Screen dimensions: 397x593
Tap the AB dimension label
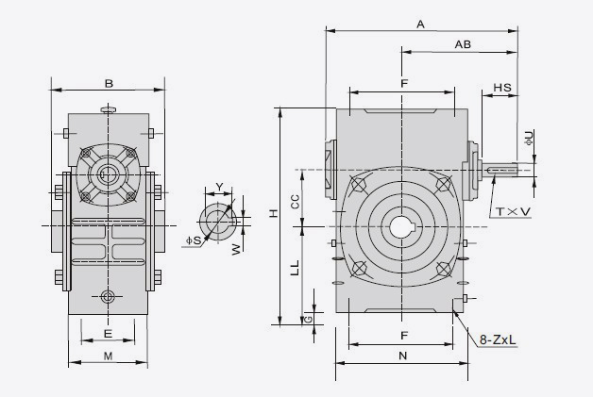coord(463,44)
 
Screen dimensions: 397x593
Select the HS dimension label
coord(503,87)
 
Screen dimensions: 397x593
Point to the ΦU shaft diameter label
coord(529,138)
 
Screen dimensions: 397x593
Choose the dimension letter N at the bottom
coord(402,356)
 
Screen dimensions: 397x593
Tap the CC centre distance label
coord(295,200)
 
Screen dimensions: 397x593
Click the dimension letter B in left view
coord(110,84)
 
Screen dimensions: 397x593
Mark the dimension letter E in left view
coord(107,334)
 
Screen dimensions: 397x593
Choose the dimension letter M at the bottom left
coord(108,356)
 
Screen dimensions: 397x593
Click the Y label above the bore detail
coord(219,187)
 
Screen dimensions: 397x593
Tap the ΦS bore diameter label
coord(193,240)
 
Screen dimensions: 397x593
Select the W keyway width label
coord(237,248)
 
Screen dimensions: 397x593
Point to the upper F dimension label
coord(403,85)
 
